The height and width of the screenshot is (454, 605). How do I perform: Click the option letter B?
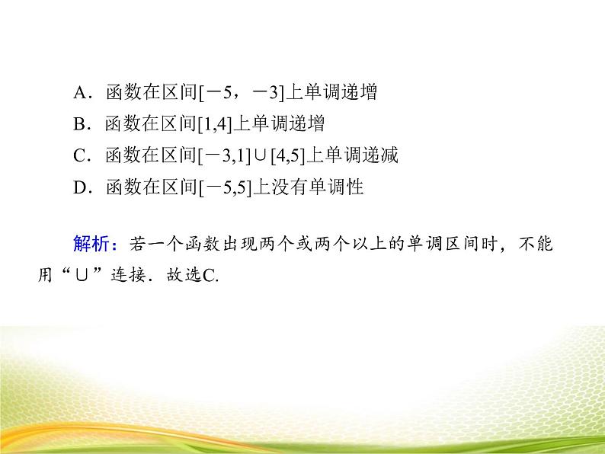[80, 124]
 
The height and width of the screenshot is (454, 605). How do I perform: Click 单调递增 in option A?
[342, 93]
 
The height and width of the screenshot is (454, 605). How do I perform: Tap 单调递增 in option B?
[296, 124]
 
